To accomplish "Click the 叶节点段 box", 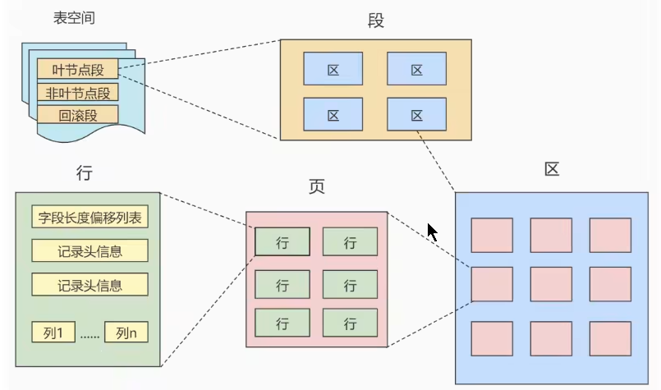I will [x=78, y=70].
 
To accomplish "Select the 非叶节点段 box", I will [x=78, y=93].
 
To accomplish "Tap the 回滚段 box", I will [x=78, y=115].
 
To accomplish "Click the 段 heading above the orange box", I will [x=376, y=21].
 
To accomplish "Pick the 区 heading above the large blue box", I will [x=552, y=169].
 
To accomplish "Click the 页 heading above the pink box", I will [x=316, y=187].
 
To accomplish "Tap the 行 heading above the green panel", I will [x=83, y=173].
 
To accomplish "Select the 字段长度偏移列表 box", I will [x=90, y=218].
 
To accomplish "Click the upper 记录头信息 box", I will [x=90, y=251].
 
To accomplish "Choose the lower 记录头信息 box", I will [x=90, y=285].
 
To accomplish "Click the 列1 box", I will [x=53, y=333].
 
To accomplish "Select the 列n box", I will [x=126, y=333].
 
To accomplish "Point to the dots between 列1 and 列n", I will [x=90, y=334].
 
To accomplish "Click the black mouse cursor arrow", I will [x=432, y=232].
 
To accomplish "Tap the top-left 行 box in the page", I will [x=282, y=241].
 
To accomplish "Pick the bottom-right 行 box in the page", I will [x=350, y=321].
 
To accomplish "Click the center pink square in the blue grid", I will [x=551, y=284].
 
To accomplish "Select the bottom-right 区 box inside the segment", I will [x=416, y=114].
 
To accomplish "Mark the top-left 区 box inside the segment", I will [x=333, y=69].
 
